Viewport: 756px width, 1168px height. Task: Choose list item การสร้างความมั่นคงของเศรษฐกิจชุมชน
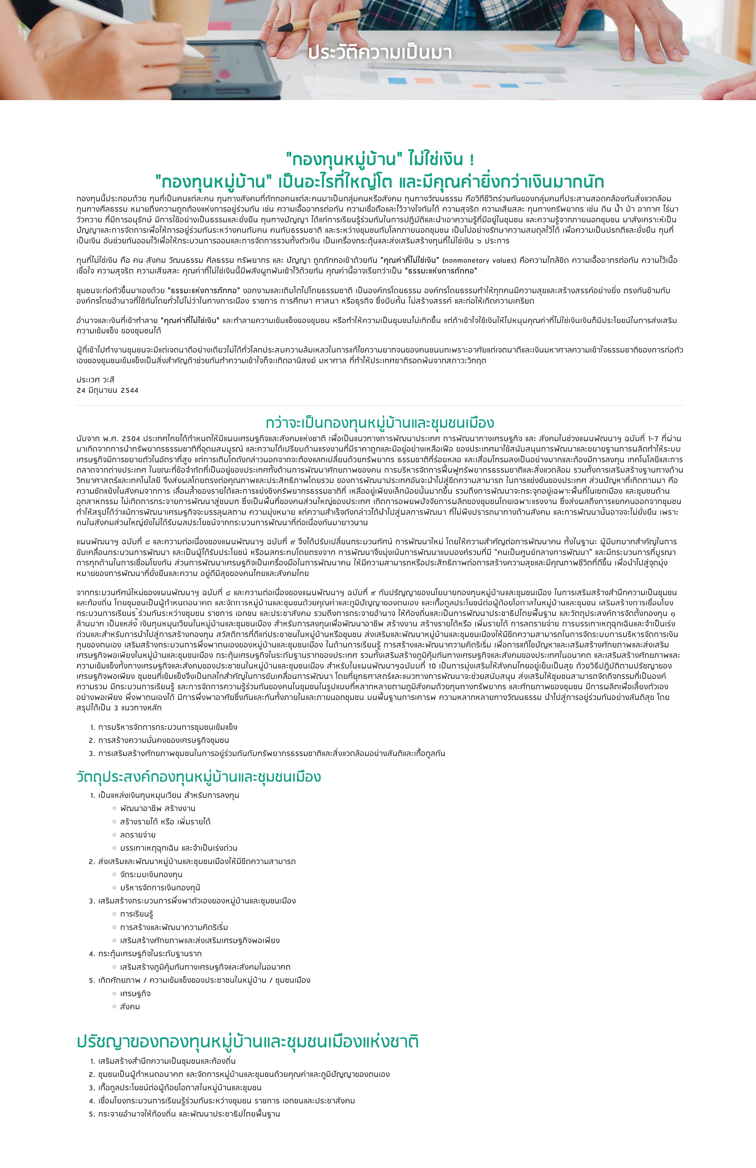point(163,740)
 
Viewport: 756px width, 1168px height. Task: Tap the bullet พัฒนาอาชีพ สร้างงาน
point(158,808)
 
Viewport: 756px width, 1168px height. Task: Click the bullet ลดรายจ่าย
point(138,835)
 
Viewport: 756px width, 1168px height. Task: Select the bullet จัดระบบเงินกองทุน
point(151,874)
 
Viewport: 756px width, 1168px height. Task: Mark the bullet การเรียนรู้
point(136,914)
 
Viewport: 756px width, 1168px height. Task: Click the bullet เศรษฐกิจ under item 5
point(135,994)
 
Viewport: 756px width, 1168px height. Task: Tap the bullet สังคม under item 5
point(130,1007)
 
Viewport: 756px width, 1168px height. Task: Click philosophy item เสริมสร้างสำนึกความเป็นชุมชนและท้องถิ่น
point(167,1061)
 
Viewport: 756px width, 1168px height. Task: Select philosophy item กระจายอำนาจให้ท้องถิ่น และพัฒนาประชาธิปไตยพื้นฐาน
point(189,1114)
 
